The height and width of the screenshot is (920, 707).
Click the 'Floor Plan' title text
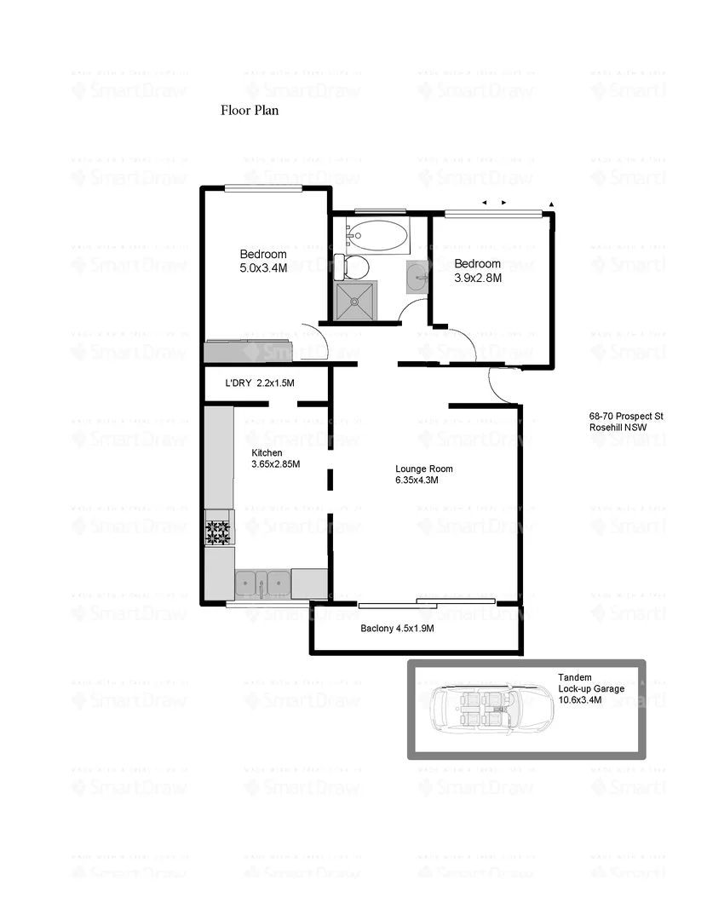(x=250, y=110)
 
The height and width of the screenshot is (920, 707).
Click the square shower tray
(x=355, y=302)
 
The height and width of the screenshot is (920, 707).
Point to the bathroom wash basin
(x=417, y=278)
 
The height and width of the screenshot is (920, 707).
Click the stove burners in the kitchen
(x=218, y=532)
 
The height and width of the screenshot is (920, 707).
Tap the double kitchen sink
(x=262, y=584)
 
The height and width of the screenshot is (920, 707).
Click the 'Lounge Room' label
(x=423, y=469)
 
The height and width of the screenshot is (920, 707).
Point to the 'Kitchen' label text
(x=267, y=452)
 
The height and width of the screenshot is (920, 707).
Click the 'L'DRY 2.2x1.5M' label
(x=259, y=384)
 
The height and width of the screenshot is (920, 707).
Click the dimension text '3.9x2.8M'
(x=477, y=277)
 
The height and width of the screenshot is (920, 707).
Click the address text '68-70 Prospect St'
(x=625, y=417)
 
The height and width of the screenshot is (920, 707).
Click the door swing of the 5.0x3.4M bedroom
(x=316, y=341)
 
